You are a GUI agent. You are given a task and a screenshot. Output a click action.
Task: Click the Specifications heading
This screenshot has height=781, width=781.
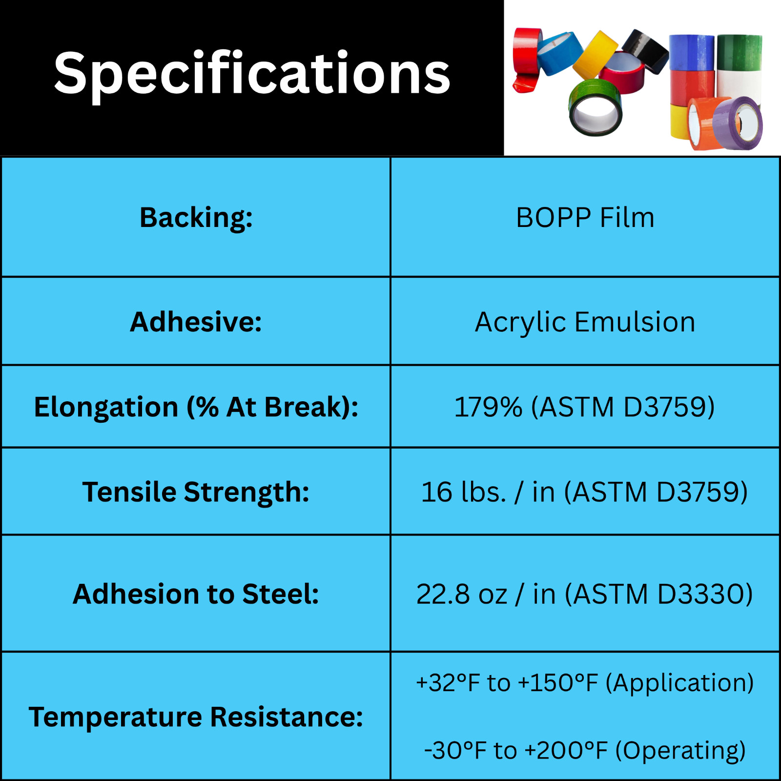click(x=252, y=74)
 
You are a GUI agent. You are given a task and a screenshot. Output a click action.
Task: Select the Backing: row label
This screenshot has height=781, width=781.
click(x=196, y=217)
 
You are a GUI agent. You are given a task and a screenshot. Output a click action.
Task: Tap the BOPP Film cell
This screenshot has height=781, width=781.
click(x=585, y=217)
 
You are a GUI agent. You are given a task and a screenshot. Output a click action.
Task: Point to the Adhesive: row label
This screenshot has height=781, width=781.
click(x=196, y=322)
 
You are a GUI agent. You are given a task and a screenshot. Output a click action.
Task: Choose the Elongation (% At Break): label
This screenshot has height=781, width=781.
click(x=196, y=407)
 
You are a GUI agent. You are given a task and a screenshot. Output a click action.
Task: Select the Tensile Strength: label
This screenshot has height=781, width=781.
click(x=196, y=492)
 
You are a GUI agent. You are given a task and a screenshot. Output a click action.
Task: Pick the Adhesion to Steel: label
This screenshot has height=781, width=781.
click(x=196, y=594)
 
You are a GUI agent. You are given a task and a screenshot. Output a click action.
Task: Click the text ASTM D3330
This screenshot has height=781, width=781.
click(x=658, y=594)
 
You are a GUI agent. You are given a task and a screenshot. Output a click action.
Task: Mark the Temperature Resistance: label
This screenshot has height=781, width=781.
click(x=196, y=718)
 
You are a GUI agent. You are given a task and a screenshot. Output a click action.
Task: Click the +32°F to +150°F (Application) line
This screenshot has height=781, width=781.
click(x=585, y=683)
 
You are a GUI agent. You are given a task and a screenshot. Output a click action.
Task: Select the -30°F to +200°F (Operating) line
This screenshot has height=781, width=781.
click(x=585, y=751)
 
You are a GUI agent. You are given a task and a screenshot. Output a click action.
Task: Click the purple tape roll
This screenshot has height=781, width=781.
click(x=738, y=123)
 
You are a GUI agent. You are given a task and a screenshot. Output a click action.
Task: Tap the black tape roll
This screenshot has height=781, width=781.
click(x=646, y=50)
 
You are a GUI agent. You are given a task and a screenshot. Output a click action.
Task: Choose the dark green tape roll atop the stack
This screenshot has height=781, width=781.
click(x=739, y=52)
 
